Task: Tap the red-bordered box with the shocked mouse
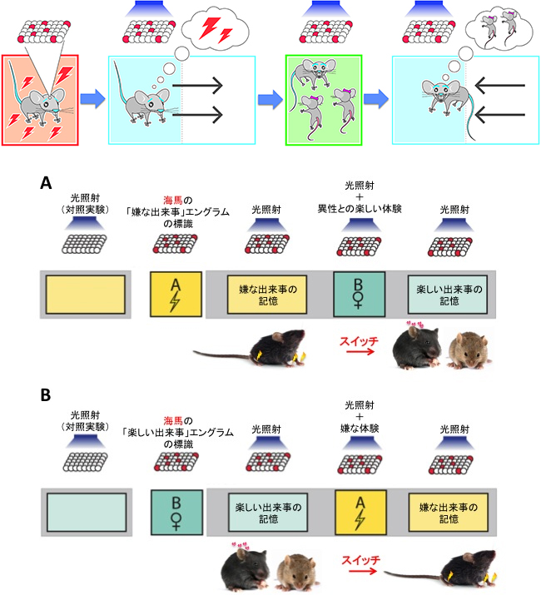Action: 41,99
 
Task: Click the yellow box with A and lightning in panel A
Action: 176,294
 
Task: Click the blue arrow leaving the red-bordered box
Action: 93,99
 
